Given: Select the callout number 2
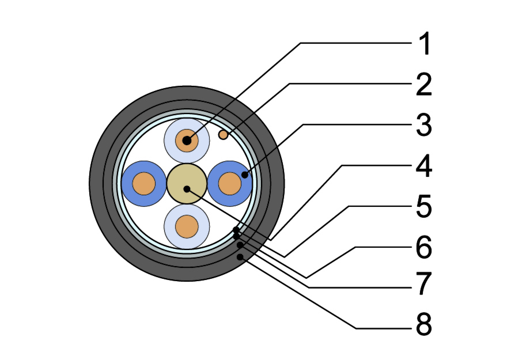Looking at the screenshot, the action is (x=423, y=84).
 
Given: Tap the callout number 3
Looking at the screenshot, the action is (x=423, y=125).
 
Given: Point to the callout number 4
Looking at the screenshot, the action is (x=423, y=166).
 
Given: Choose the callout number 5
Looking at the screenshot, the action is (x=423, y=206).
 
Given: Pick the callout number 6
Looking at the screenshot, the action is (x=423, y=247).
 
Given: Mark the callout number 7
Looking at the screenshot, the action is (x=423, y=284).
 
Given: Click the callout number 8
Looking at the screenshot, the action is (x=423, y=324).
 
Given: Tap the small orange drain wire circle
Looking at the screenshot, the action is (x=223, y=135).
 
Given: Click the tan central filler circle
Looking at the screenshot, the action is (x=187, y=184).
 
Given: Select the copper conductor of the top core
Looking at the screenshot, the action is (x=187, y=141).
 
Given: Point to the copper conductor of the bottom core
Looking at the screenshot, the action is (x=187, y=226).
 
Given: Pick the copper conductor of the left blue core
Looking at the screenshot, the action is (x=144, y=184).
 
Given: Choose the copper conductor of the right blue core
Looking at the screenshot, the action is (x=230, y=184).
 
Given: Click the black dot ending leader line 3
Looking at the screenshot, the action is (x=245, y=175).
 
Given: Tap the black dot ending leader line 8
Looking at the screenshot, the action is (x=240, y=257).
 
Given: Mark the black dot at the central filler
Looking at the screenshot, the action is (x=187, y=190).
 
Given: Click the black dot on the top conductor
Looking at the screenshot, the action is (x=187, y=141).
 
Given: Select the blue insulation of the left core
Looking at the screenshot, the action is (x=127, y=184).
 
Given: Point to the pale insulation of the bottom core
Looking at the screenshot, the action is (x=187, y=244).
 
